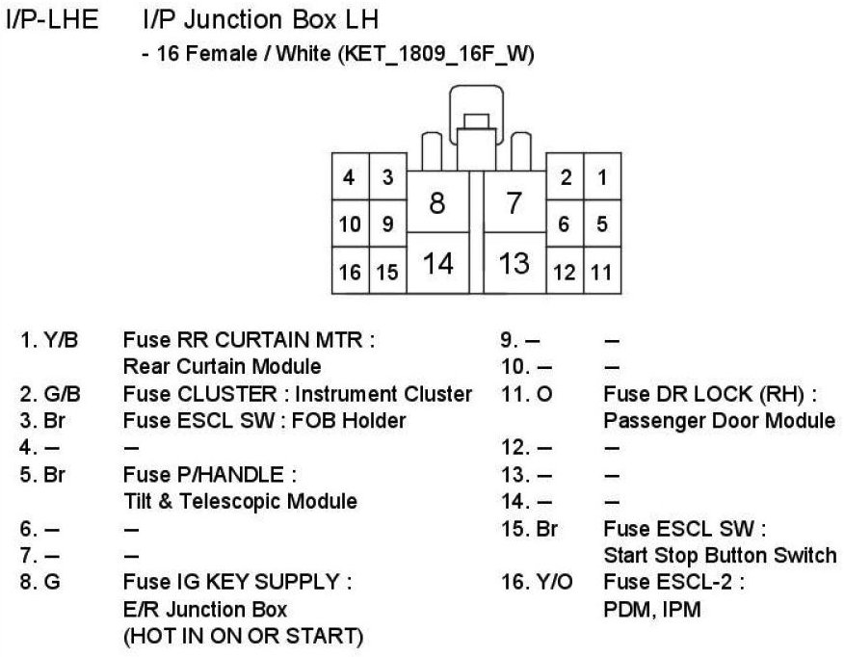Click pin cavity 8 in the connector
[x=437, y=202]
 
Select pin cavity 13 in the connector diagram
[x=514, y=262]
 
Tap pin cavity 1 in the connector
[x=602, y=177]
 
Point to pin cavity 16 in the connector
[x=350, y=273]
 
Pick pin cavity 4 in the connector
[x=350, y=177]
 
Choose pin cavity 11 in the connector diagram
[x=602, y=273]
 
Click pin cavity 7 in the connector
[x=514, y=202]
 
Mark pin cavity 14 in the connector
[x=437, y=262]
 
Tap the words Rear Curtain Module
[x=222, y=367]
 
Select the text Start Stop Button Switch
[x=720, y=556]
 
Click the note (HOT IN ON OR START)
[x=243, y=637]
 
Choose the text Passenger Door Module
[x=719, y=421]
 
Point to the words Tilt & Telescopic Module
[x=240, y=502]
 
